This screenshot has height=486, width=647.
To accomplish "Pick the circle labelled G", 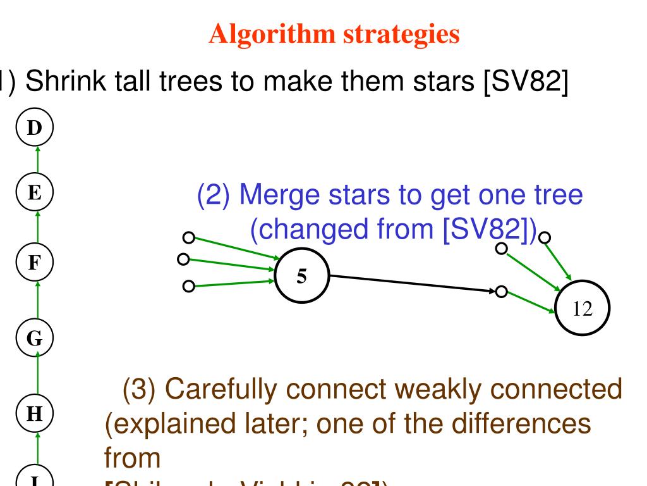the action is coord(37,335).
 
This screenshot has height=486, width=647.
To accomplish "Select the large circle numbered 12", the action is coord(583,308).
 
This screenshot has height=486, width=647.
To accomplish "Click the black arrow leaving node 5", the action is coord(411,283).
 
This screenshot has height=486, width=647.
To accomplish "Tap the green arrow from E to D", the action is coord(37,161).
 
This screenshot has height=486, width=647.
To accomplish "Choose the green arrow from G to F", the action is coord(37,298).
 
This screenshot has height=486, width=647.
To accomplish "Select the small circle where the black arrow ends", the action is coord(501,292).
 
